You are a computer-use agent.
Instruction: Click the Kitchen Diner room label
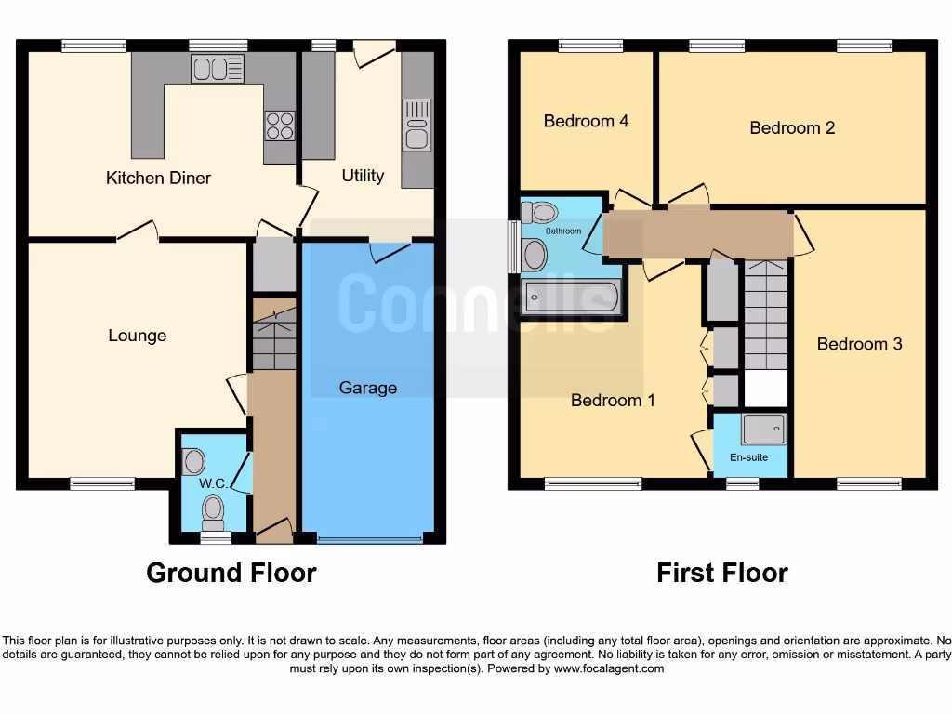[x=158, y=178]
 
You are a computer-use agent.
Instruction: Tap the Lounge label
[x=137, y=336]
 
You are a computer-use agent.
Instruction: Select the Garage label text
[x=367, y=388]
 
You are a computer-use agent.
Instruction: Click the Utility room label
[x=363, y=176]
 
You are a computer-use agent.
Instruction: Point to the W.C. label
[x=213, y=483]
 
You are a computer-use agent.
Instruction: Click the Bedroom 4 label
[x=586, y=121]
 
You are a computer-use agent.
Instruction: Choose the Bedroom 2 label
[x=792, y=127]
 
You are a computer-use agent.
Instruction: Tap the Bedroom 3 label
[x=859, y=344]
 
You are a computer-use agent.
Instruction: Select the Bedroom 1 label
[x=613, y=401]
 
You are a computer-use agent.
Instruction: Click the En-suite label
[x=748, y=457]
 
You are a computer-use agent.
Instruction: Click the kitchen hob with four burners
[x=280, y=125]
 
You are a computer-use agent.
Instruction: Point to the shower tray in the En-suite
[x=763, y=429]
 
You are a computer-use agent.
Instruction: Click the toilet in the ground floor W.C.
[x=214, y=509]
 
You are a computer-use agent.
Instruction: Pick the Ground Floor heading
[x=231, y=573]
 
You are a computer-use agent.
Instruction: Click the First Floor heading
[x=721, y=573]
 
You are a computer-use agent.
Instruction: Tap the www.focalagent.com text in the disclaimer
[x=608, y=668]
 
